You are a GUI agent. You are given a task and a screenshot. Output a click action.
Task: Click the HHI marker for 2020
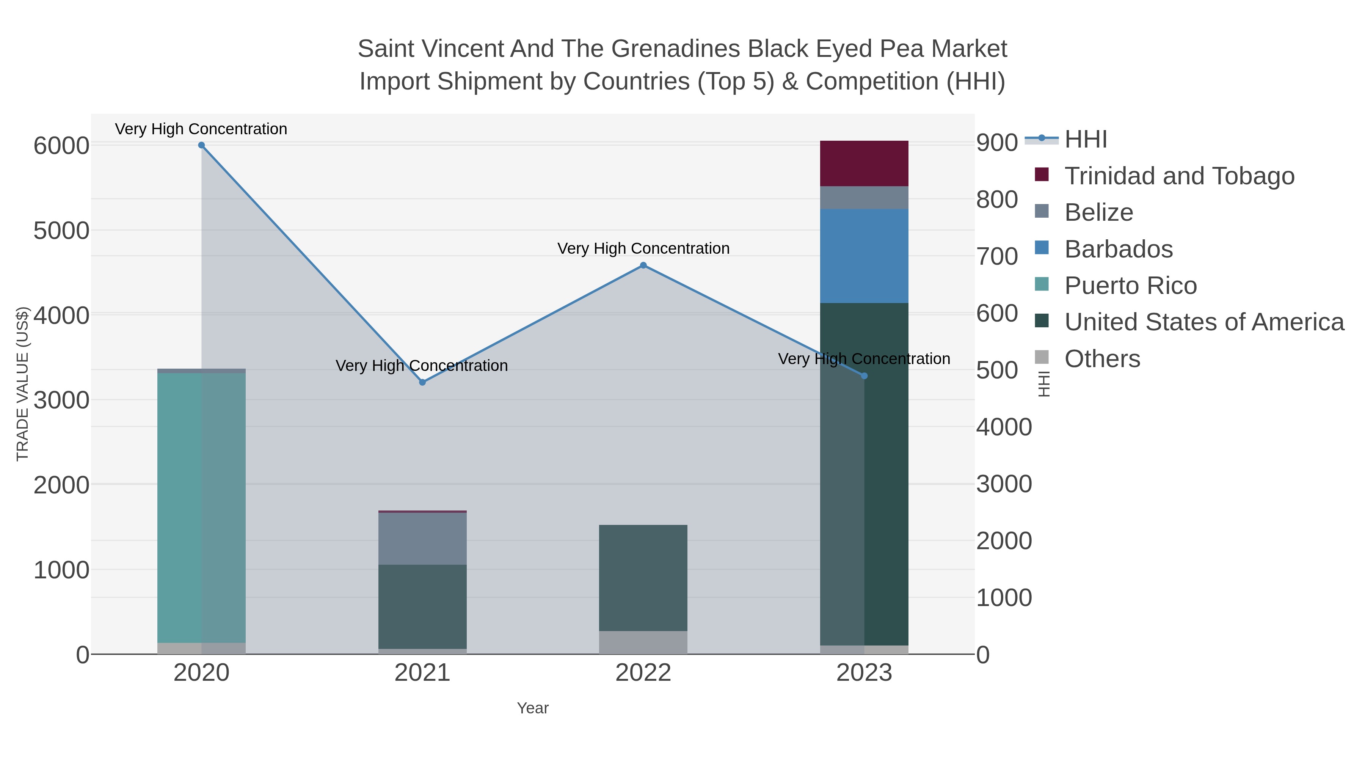pyautogui.click(x=201, y=145)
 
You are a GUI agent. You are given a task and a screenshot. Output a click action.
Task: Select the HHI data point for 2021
pyautogui.click(x=422, y=382)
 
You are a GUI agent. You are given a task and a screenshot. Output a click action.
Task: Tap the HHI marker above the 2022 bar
pyautogui.click(x=643, y=265)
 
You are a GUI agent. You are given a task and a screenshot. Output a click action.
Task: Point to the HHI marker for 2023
pyautogui.click(x=864, y=376)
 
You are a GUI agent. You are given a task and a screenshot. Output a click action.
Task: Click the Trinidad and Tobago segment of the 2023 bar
pyautogui.click(x=864, y=163)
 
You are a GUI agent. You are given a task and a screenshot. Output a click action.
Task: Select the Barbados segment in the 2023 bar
pyautogui.click(x=864, y=256)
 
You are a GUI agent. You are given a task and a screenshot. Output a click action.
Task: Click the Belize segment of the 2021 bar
pyautogui.click(x=422, y=538)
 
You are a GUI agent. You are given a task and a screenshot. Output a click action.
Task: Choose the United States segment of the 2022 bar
pyautogui.click(x=643, y=578)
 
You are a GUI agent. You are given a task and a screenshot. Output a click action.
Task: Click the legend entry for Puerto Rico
pyautogui.click(x=1130, y=286)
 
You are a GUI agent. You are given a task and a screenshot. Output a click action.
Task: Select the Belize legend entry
pyautogui.click(x=1098, y=212)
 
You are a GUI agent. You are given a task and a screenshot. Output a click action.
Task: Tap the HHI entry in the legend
pyautogui.click(x=1085, y=140)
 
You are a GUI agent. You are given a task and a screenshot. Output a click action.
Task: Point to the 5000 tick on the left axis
pyautogui.click(x=61, y=231)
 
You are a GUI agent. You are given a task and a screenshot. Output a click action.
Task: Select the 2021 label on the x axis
pyautogui.click(x=422, y=672)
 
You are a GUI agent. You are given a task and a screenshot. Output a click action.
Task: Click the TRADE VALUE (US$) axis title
pyautogui.click(x=22, y=384)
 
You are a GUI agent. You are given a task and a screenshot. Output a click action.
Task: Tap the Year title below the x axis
pyautogui.click(x=533, y=708)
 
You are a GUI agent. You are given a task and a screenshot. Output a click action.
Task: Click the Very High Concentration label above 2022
pyautogui.click(x=643, y=248)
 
